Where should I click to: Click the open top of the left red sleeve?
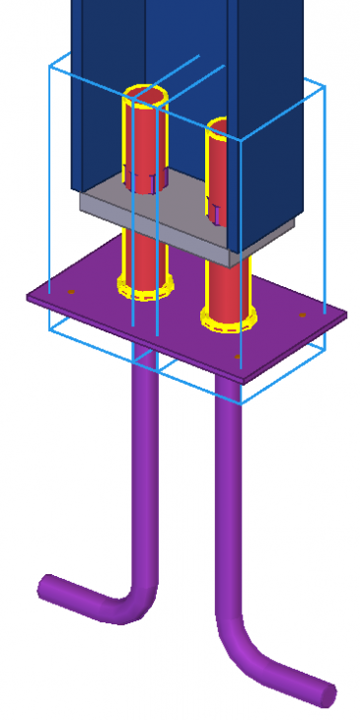(145, 94)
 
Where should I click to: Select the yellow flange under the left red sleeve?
(145, 290)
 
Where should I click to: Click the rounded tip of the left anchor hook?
(45, 588)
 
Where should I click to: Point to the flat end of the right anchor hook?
(326, 694)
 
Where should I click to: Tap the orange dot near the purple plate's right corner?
(302, 315)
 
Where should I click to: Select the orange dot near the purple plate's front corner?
(236, 356)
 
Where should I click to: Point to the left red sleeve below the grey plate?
(144, 256)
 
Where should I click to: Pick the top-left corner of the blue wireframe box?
(50, 66)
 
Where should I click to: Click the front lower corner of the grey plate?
(234, 258)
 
